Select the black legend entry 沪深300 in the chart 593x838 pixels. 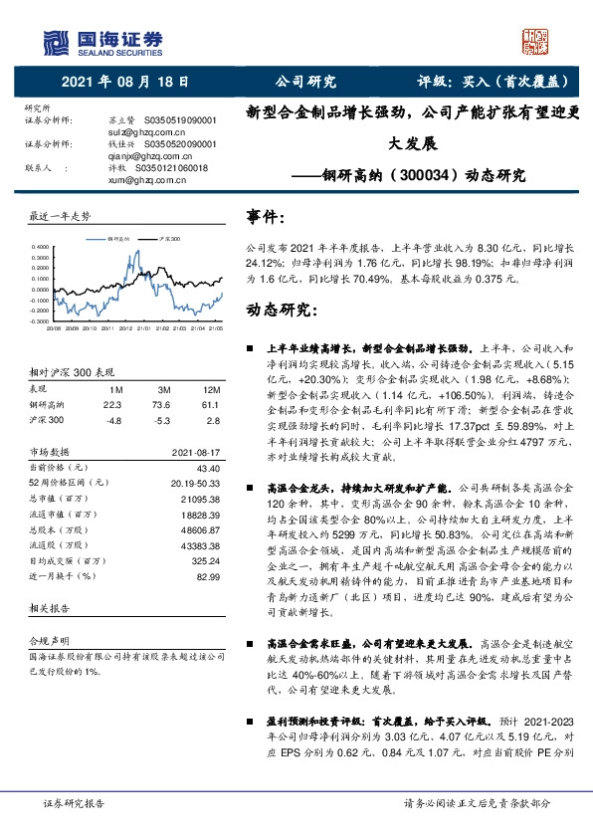(x=168, y=240)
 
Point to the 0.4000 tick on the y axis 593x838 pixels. (x=39, y=246)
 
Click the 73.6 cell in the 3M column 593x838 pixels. (x=163, y=405)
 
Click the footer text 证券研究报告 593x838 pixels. (x=74, y=802)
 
